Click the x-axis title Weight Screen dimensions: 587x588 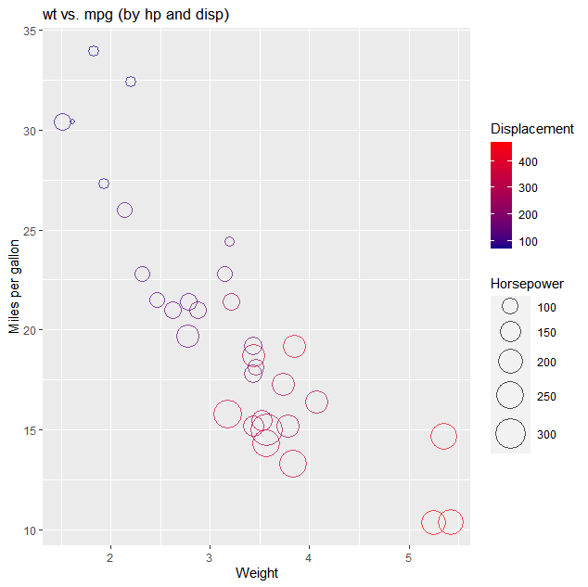(257, 573)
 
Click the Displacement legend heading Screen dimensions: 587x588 (531, 129)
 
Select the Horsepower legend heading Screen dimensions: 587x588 (527, 284)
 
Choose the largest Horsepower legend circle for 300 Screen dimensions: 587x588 (510, 434)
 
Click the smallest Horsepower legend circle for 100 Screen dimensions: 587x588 (510, 307)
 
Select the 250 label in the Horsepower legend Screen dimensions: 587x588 (546, 397)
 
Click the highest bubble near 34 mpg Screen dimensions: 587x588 (94, 51)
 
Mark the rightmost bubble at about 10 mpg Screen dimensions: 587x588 (451, 522)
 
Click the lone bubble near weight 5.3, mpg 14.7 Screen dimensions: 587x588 (444, 436)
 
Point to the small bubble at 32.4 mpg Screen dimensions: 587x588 (131, 82)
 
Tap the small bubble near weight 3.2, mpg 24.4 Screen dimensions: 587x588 (230, 241)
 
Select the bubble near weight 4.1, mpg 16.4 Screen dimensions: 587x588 (316, 402)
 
